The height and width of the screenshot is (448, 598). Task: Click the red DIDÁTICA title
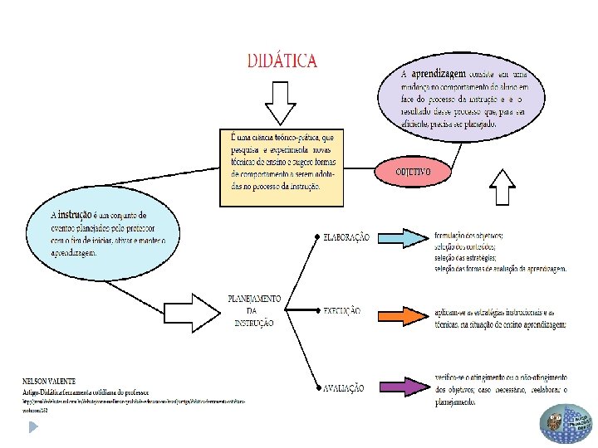pyautogui.click(x=282, y=61)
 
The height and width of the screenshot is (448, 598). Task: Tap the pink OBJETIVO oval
pyautogui.click(x=413, y=173)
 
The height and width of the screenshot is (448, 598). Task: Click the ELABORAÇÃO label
pyautogui.click(x=346, y=238)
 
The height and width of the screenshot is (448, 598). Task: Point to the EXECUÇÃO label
pyautogui.click(x=341, y=311)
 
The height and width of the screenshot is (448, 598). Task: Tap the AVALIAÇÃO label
pyautogui.click(x=343, y=387)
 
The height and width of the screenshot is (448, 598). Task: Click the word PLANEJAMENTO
pyautogui.click(x=254, y=299)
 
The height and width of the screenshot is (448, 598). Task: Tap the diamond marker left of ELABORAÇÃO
pyautogui.click(x=317, y=238)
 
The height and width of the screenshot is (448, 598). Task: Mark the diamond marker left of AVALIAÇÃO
pyautogui.click(x=317, y=387)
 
